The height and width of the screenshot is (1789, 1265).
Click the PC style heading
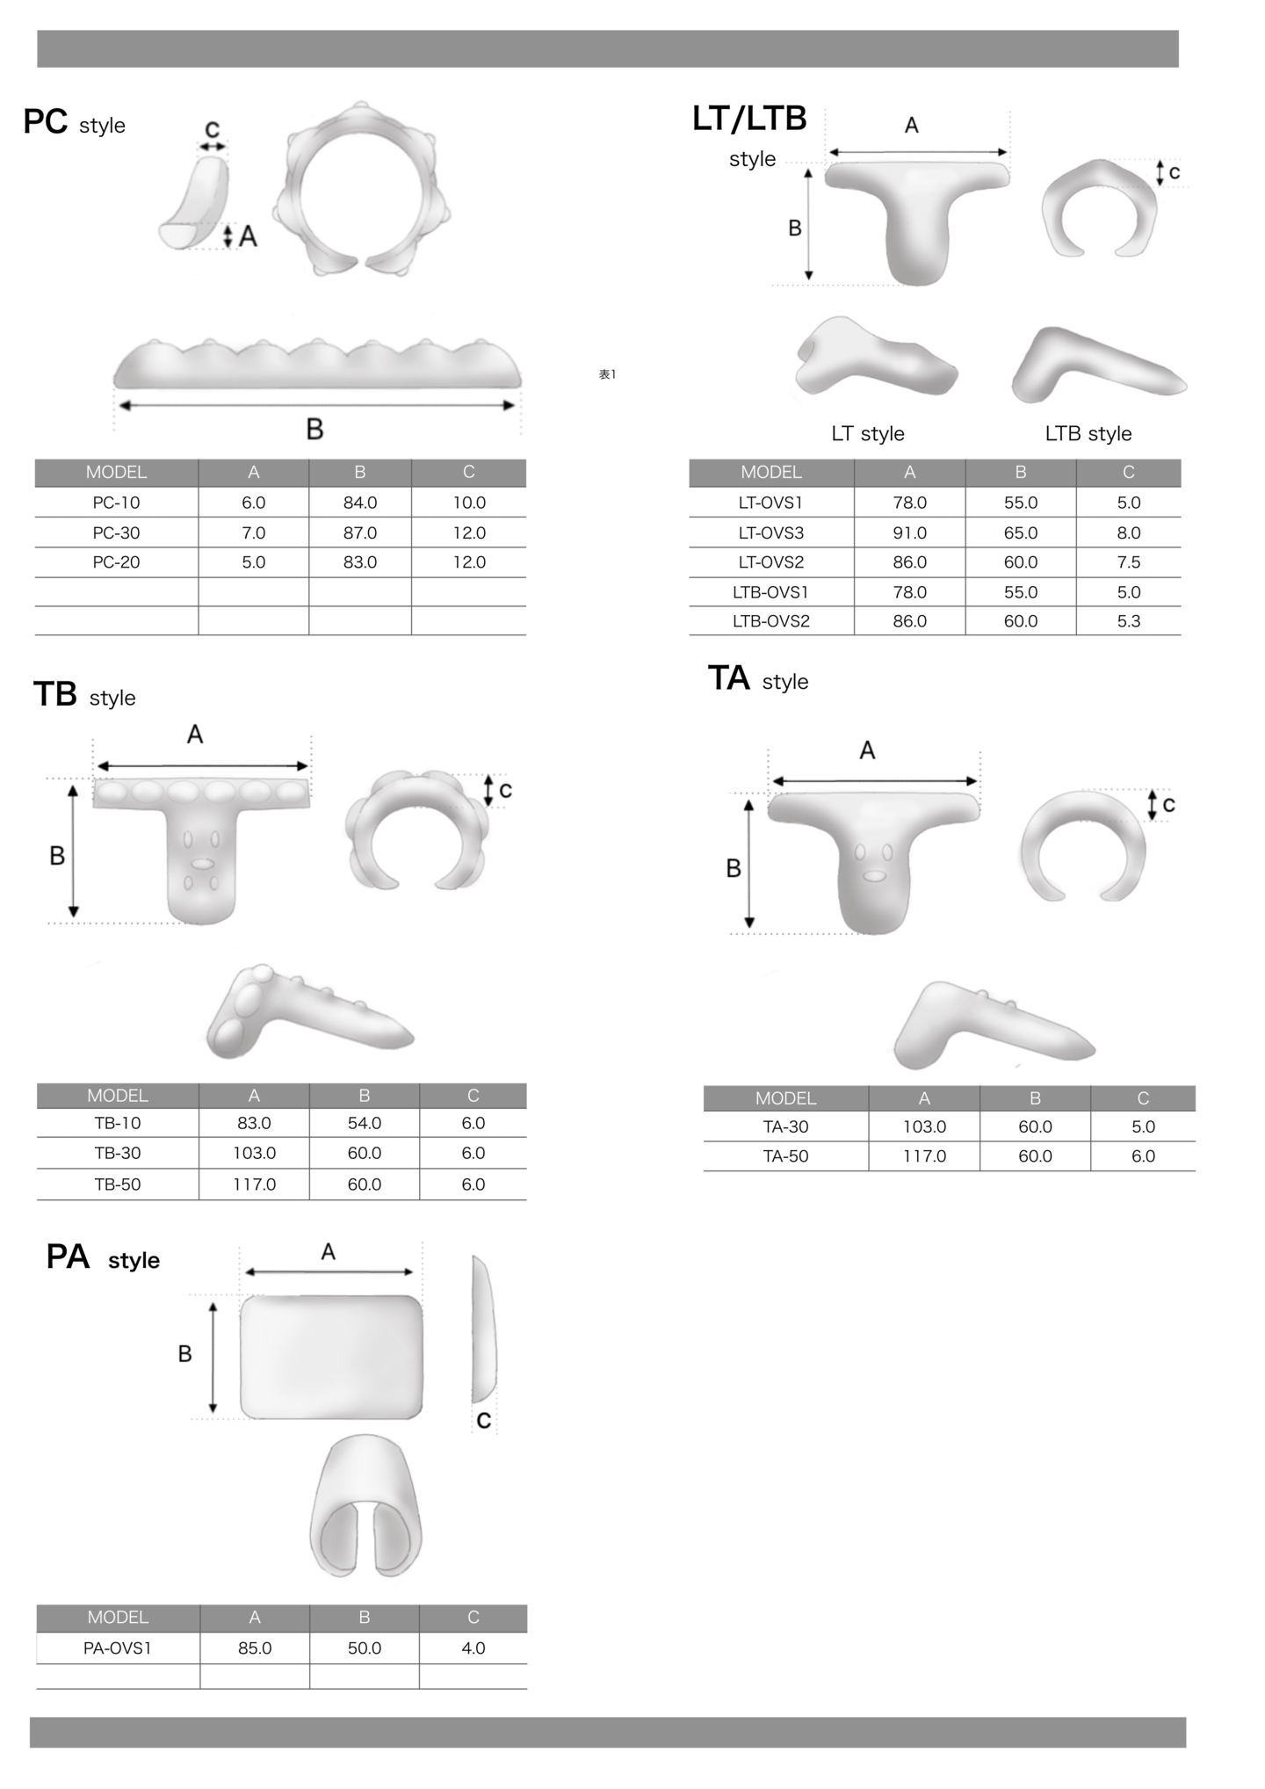[x=74, y=123]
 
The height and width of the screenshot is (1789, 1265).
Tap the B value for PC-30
[x=360, y=532]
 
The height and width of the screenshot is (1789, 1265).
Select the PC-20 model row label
[x=116, y=562]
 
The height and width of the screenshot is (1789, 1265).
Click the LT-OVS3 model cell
[x=771, y=532]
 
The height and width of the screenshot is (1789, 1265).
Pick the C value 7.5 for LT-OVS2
[x=1129, y=562]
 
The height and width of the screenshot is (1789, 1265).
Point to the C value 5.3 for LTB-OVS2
[x=1129, y=621]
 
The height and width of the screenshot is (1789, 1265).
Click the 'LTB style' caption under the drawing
[x=1088, y=433]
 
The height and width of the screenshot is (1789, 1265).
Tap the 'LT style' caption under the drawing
[x=868, y=433]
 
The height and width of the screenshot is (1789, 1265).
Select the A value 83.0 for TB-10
[x=254, y=1123]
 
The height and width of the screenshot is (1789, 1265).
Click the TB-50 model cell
[x=118, y=1184]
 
